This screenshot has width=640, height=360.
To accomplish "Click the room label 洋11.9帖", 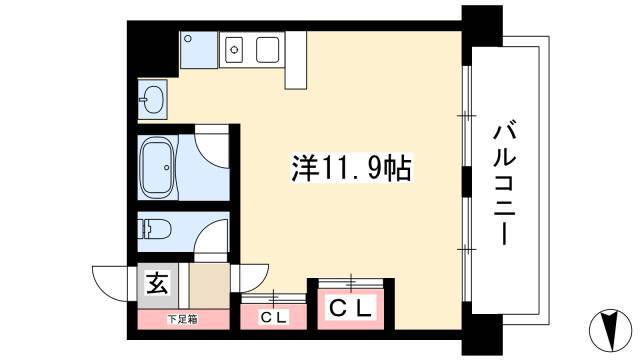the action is (x=351, y=168).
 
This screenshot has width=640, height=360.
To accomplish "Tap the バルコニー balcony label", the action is (x=505, y=185).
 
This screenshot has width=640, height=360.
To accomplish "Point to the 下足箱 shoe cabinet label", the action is (x=182, y=319).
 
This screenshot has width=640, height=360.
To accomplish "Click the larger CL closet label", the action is (x=351, y=308).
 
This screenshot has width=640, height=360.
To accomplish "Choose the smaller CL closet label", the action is (x=274, y=317).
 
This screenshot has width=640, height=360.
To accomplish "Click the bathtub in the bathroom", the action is (x=157, y=167).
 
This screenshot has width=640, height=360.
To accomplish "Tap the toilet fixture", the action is (x=153, y=229).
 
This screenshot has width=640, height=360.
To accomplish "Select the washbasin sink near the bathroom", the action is (x=152, y=99).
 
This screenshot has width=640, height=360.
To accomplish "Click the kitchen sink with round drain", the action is (x=234, y=49).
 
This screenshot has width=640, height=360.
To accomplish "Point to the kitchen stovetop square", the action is (x=268, y=49).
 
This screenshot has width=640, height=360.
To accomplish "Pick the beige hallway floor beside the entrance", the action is (x=209, y=286).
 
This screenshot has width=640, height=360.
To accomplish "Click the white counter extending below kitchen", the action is (x=296, y=60).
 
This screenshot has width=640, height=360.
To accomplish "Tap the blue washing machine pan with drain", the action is (x=199, y=50).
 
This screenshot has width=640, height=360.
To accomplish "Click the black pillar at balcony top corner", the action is (x=482, y=29).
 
